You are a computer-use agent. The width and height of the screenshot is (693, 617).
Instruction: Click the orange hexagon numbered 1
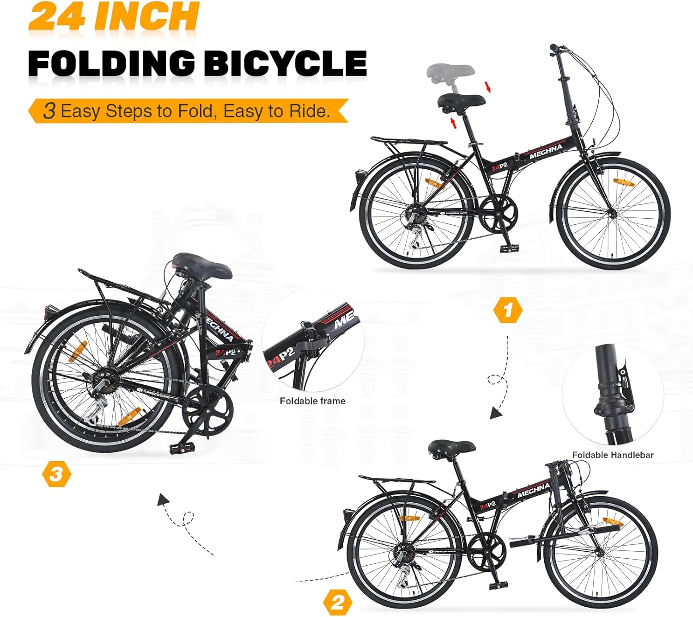click(508, 310)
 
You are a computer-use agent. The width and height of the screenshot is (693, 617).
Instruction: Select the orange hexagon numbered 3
click(56, 474)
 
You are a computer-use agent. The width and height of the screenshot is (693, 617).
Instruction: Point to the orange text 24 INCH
click(114, 17)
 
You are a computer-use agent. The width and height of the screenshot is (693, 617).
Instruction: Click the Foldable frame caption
click(312, 401)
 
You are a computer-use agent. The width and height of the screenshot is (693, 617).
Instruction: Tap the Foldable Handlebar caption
click(613, 455)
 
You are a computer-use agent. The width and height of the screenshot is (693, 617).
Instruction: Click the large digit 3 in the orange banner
click(49, 111)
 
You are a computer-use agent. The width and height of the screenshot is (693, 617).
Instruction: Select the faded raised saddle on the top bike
click(450, 72)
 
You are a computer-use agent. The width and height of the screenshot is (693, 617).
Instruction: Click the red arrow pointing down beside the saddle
click(487, 86)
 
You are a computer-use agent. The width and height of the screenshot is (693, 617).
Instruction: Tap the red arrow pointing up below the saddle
click(453, 123)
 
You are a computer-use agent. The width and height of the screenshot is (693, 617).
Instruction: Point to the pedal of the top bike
click(507, 248)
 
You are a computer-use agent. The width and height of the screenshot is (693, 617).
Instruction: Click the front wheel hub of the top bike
click(613, 214)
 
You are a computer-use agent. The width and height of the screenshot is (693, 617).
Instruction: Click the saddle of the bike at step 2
click(451, 447)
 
